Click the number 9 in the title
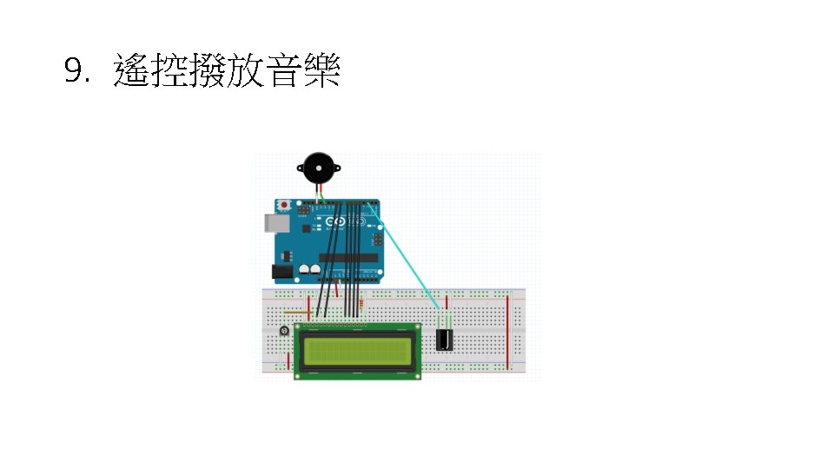tap(76, 71)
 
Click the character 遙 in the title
tap(131, 70)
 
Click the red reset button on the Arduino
tap(285, 206)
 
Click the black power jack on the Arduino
tap(282, 272)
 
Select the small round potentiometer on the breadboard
tap(284, 332)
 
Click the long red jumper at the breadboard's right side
tap(508, 330)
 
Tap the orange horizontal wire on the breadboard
tap(296, 313)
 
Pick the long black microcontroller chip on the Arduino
tap(348, 257)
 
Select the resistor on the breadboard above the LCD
tap(362, 304)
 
